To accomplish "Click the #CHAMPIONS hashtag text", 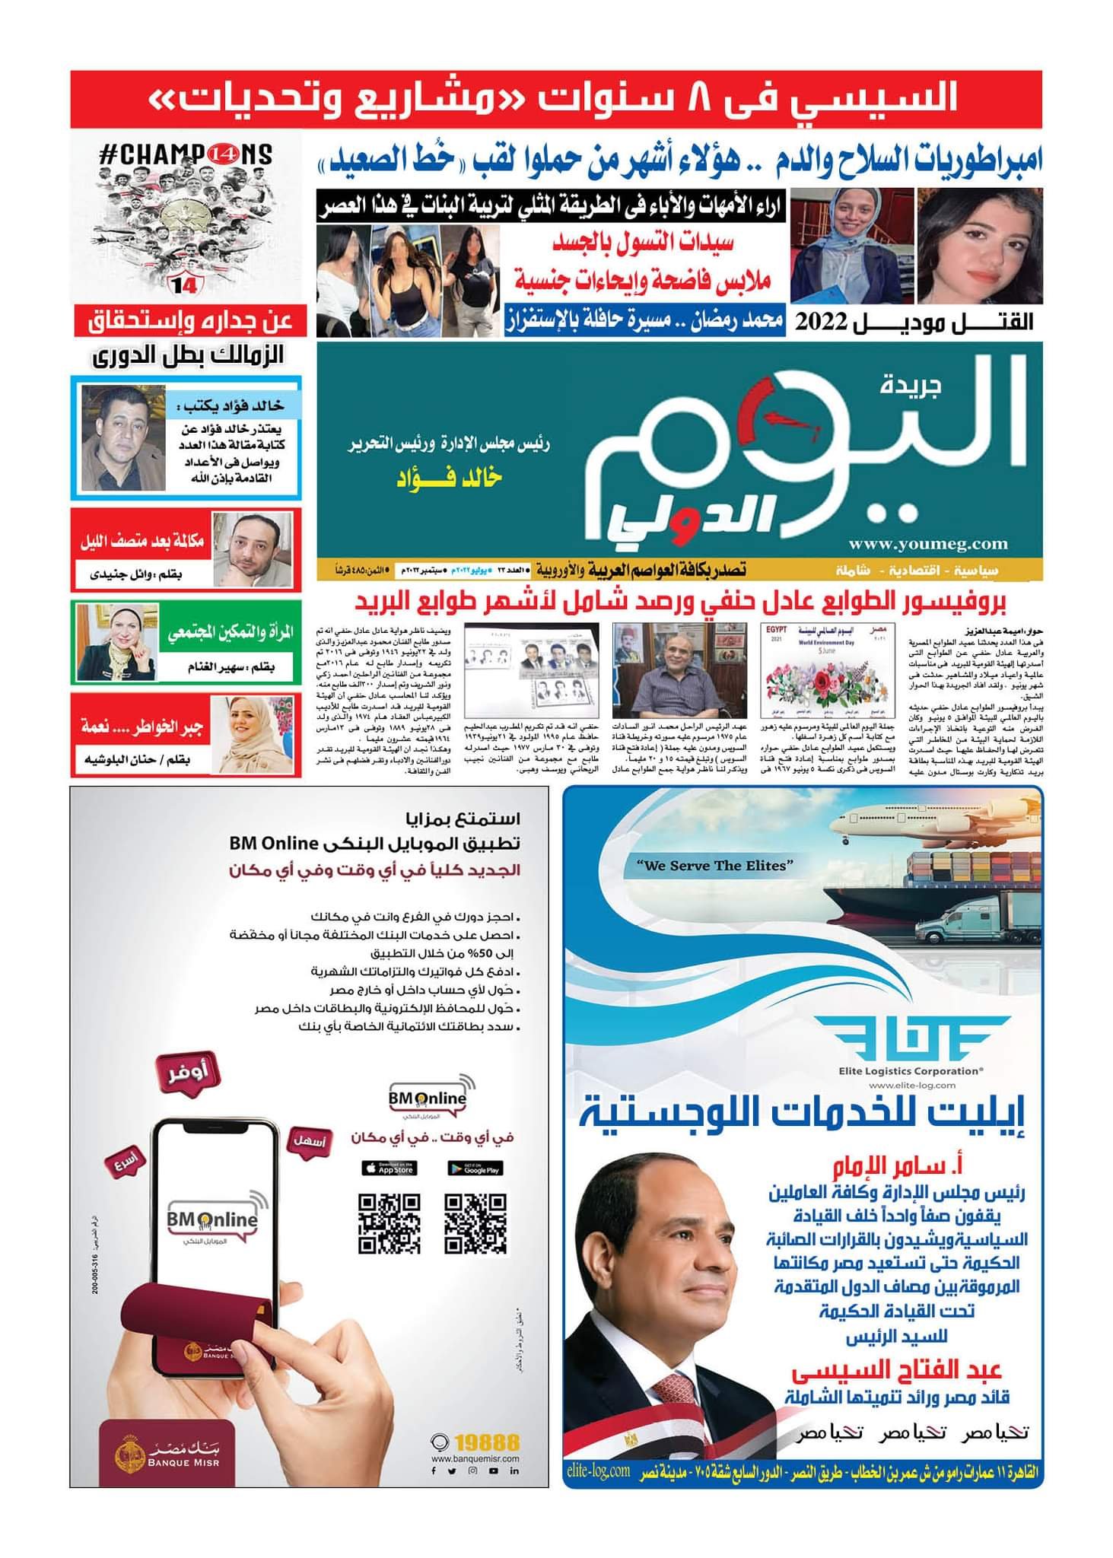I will tap(186, 155).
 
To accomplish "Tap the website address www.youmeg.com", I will tap(928, 543).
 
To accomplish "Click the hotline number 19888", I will tap(488, 1442).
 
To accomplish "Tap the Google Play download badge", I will tap(475, 1168).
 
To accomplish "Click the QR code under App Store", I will tap(389, 1223).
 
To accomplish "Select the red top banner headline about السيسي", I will tap(555, 100).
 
